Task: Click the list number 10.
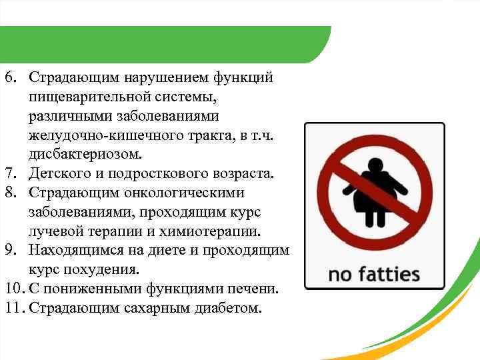13,289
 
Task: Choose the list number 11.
13,309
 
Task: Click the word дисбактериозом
85,155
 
